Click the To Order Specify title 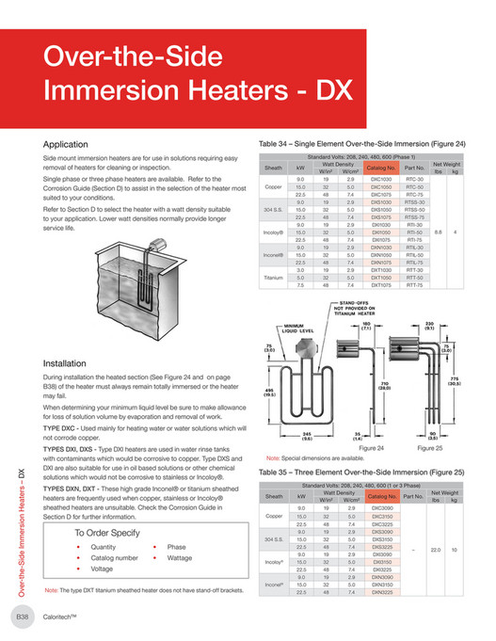(x=108, y=532)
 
